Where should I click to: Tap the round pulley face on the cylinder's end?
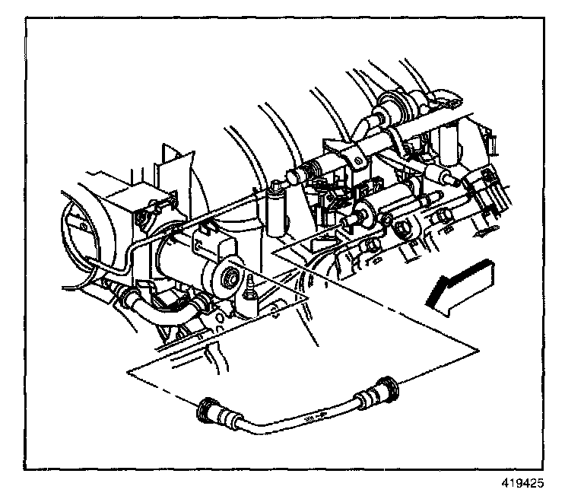227,278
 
